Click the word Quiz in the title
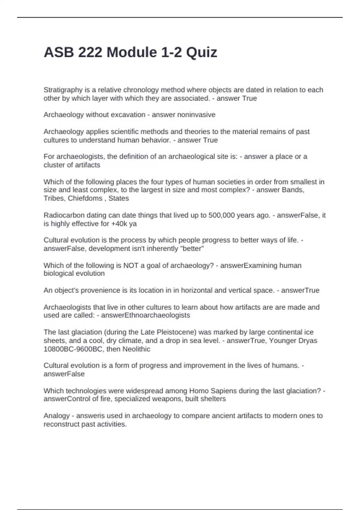(x=201, y=52)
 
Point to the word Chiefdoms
(x=85, y=198)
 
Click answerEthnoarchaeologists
(x=145, y=315)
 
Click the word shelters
(x=213, y=399)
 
